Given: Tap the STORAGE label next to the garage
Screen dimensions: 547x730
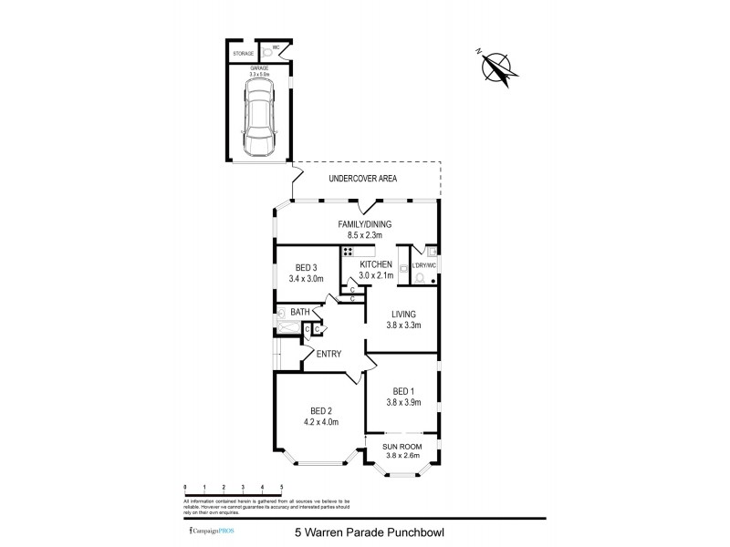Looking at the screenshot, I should (243, 54).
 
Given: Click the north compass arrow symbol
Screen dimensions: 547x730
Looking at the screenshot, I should (497, 67).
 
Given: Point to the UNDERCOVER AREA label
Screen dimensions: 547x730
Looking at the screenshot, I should (363, 179).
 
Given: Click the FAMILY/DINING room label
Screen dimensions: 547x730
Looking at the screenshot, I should (358, 222).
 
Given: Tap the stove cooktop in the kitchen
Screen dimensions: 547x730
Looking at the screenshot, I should (348, 253).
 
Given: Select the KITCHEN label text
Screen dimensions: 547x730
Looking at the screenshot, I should (376, 264).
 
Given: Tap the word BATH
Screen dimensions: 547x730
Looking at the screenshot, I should (300, 312).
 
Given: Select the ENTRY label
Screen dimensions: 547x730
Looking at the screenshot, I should (328, 354).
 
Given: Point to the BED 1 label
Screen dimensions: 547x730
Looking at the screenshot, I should (401, 391).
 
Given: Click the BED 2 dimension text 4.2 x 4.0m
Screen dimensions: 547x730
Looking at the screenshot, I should (320, 422).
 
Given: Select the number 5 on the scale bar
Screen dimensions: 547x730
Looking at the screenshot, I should (281, 489).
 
